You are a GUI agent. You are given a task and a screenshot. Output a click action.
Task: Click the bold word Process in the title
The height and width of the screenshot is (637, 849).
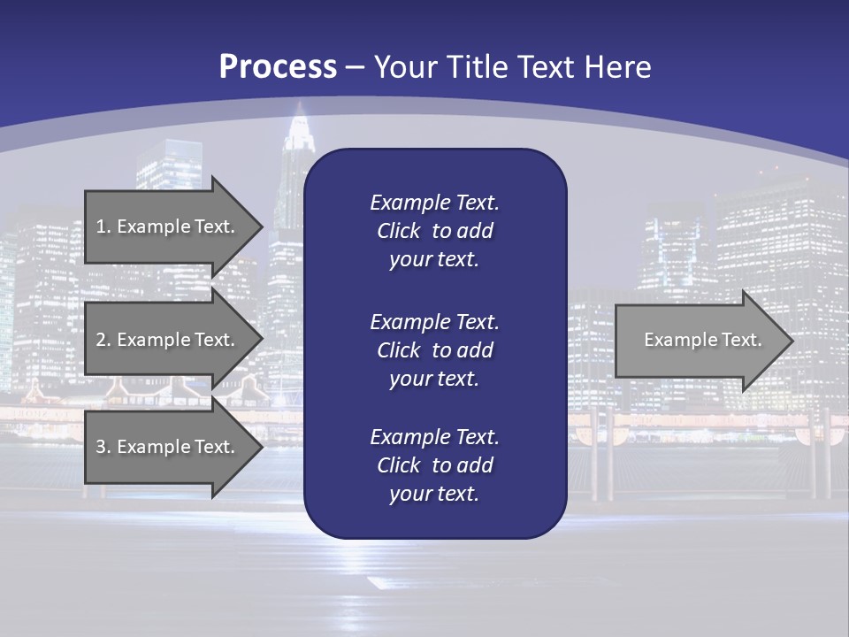pyautogui.click(x=278, y=67)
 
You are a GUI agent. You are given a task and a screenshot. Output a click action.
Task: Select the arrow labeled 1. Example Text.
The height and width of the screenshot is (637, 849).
pyautogui.click(x=166, y=226)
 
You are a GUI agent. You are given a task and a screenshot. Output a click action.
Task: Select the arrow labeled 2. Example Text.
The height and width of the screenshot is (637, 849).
pyautogui.click(x=166, y=340)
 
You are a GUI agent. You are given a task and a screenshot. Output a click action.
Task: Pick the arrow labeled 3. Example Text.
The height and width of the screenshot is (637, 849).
pyautogui.click(x=166, y=447)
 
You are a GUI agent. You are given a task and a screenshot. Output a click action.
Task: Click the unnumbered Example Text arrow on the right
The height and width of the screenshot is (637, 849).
pyautogui.click(x=702, y=340)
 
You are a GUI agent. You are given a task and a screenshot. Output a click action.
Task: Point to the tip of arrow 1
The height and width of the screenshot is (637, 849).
pyautogui.click(x=262, y=226)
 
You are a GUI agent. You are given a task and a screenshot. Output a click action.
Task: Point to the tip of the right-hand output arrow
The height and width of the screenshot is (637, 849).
pyautogui.click(x=792, y=341)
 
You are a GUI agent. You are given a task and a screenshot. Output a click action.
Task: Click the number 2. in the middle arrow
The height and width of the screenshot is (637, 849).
pyautogui.click(x=103, y=340)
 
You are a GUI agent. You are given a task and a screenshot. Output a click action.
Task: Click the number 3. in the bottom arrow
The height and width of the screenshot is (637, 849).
pyautogui.click(x=103, y=447)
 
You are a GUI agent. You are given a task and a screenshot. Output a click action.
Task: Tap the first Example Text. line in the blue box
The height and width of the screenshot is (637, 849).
pyautogui.click(x=434, y=203)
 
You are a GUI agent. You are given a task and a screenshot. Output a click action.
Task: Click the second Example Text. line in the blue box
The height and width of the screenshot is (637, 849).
pyautogui.click(x=434, y=321)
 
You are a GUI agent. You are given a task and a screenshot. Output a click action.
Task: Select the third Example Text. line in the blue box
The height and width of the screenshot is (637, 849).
pyautogui.click(x=434, y=437)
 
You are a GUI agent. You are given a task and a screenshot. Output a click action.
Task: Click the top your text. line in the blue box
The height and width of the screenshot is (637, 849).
pyautogui.click(x=434, y=260)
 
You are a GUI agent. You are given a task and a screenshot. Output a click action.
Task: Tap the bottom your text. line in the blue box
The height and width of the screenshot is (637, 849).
pyautogui.click(x=434, y=494)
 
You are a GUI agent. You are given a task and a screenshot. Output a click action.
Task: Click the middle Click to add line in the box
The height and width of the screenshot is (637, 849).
pyautogui.click(x=434, y=350)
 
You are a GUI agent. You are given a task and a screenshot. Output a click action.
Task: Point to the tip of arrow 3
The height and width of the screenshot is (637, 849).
pyautogui.click(x=262, y=447)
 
